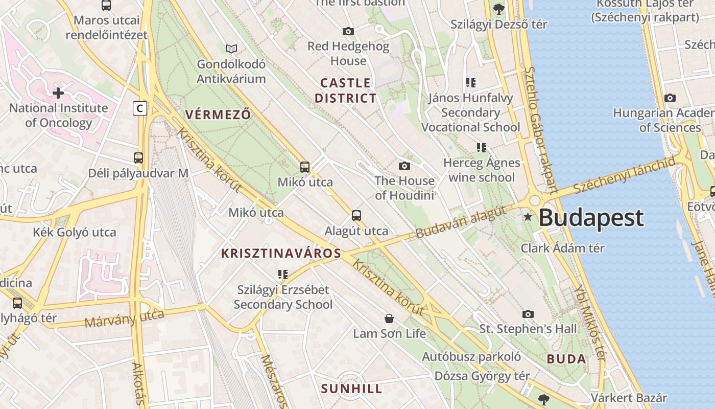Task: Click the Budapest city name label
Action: pos(591,218)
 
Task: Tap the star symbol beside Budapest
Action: pos(528,218)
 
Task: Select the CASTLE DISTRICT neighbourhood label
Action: pos(345,90)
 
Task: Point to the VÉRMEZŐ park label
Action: pos(218,115)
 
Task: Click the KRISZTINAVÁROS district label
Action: pos(281,253)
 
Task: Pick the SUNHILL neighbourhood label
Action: pos(351,389)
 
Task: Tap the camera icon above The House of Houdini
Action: pos(404,166)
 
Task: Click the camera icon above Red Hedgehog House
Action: pos(348,32)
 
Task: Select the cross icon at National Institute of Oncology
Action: pos(58,93)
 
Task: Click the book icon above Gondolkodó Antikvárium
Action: pos(231,49)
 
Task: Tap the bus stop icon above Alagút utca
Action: pos(356,216)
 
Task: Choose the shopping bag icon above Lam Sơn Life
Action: pos(389,319)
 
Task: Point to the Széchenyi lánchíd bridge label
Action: pos(624,175)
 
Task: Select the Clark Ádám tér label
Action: pos(562,248)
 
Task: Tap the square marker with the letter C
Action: pos(139,108)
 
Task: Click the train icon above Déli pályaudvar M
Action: pos(138,157)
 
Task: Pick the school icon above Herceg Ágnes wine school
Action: pos(481,148)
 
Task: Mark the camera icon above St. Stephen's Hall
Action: pos(528,313)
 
